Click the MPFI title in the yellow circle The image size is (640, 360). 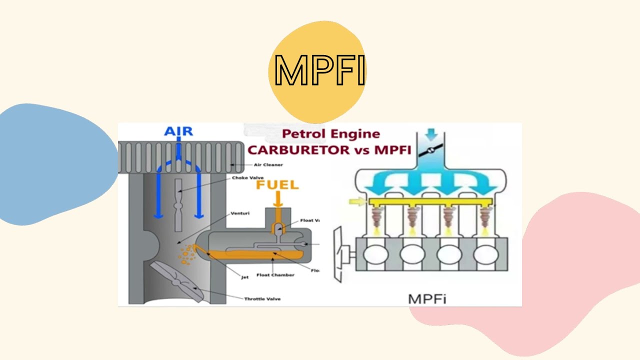[x=319, y=70]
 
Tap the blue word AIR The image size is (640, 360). [x=178, y=131]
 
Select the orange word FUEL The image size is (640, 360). [x=277, y=185]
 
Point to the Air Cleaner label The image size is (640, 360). [x=268, y=164]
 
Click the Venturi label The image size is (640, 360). [x=240, y=213]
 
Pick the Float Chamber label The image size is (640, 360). [x=275, y=274]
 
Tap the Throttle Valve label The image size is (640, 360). [x=262, y=298]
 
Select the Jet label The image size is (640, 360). [x=245, y=277]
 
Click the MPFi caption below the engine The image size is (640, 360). [x=427, y=299]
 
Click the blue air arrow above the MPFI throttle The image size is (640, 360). [x=431, y=134]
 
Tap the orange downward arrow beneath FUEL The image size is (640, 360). [x=278, y=199]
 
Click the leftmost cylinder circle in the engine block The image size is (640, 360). [x=376, y=255]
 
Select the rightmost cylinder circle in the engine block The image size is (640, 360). [x=485, y=255]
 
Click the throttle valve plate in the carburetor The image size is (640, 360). [x=177, y=281]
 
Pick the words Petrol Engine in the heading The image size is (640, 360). [x=330, y=134]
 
